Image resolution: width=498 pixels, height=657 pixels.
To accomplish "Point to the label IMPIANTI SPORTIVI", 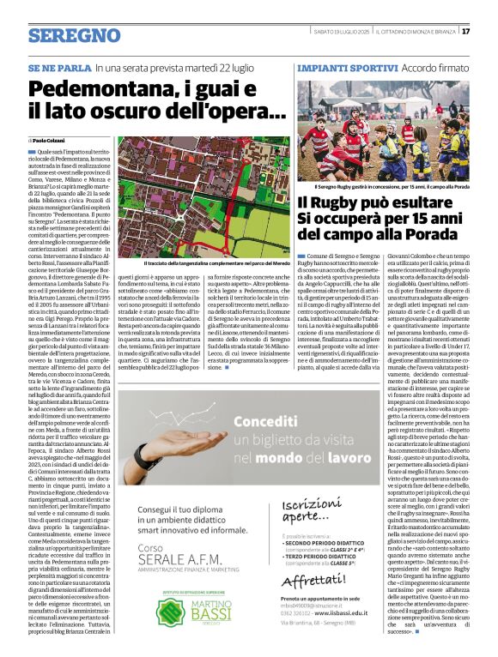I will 337,66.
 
